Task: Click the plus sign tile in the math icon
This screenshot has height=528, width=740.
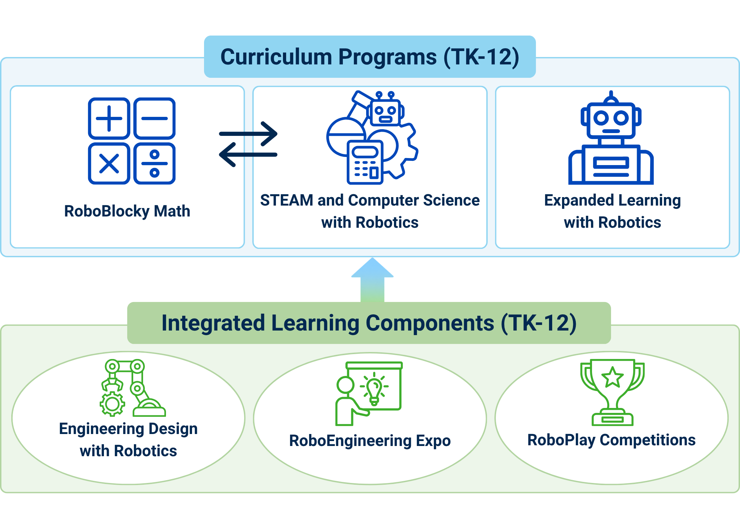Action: coord(109,119)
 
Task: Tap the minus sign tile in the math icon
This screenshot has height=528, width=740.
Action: coord(154,119)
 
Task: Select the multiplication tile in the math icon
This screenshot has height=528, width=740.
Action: coord(109,164)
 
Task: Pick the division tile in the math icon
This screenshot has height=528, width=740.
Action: coord(154,164)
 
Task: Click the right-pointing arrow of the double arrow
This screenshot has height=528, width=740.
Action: coord(248,134)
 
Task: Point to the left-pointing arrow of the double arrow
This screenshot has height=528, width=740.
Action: coord(248,155)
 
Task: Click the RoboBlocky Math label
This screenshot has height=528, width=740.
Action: coord(127,211)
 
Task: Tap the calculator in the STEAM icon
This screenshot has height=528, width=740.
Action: coord(365,162)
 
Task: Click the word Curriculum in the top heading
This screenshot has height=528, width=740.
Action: coord(276,57)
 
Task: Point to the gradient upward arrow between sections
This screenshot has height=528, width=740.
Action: coord(372,280)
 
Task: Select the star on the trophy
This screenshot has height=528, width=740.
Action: coord(612,377)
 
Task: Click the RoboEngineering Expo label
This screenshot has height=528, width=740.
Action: coord(370,441)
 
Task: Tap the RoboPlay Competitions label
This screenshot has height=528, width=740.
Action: coord(611,440)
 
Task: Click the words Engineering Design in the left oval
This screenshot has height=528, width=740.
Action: coord(128,429)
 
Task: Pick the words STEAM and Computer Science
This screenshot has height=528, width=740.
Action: coord(370,200)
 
